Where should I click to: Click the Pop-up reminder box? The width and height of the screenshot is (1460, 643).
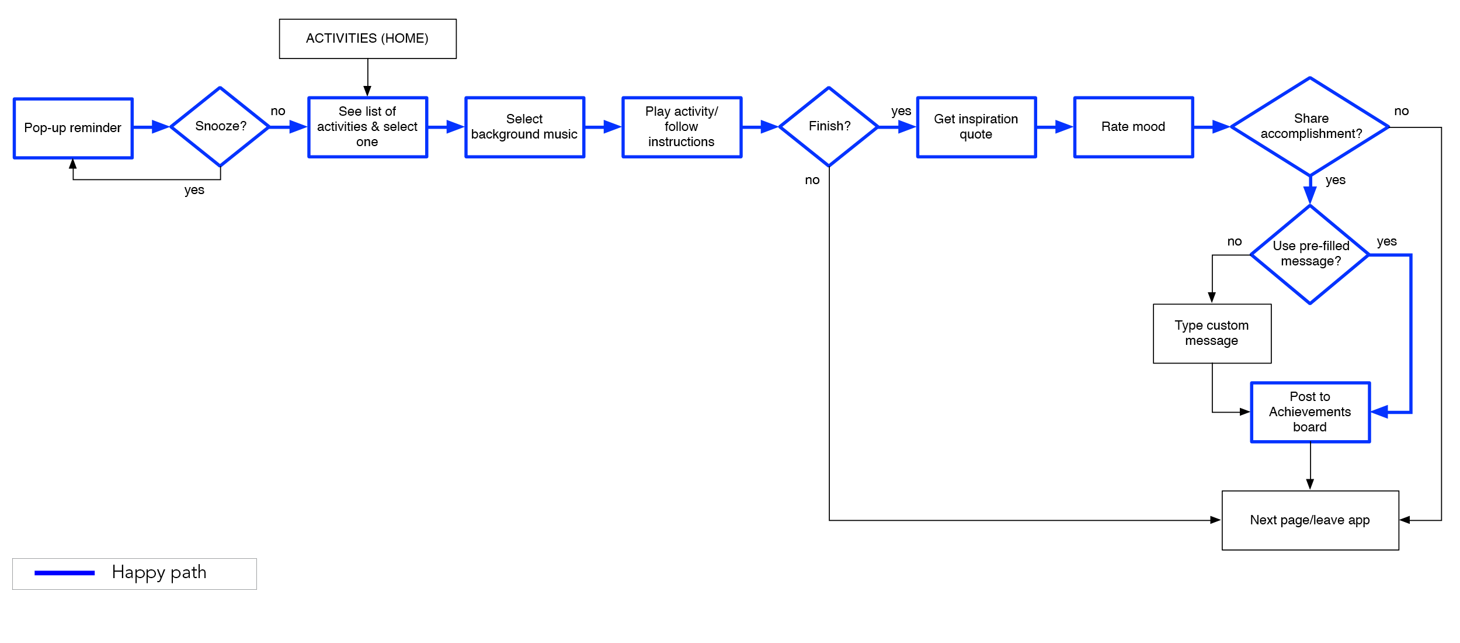[73, 128]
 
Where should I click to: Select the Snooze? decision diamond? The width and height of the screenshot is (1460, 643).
[220, 126]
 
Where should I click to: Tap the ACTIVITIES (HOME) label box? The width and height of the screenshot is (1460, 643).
[367, 39]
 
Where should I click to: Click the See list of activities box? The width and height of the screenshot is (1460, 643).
[367, 127]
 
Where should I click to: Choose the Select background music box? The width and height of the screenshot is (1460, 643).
[524, 127]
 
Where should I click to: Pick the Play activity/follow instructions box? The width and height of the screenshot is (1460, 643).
[682, 127]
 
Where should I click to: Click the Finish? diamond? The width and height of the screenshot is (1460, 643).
[829, 126]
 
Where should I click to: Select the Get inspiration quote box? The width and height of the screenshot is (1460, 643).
[976, 127]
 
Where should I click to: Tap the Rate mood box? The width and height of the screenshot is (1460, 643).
[1133, 127]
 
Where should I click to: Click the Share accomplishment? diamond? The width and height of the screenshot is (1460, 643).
[1310, 126]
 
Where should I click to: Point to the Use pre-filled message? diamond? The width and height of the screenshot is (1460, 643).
[1310, 254]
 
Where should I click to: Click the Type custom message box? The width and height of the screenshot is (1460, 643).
[1212, 333]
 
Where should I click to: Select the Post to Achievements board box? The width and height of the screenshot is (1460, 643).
[1310, 412]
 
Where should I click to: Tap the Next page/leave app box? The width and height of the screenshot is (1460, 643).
[1309, 520]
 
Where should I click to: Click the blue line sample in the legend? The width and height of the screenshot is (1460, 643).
[64, 573]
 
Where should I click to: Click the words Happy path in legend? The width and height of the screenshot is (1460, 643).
[159, 572]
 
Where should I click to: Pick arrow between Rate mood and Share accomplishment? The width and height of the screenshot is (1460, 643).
[1212, 127]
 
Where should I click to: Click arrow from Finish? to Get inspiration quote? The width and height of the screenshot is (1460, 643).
[897, 127]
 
